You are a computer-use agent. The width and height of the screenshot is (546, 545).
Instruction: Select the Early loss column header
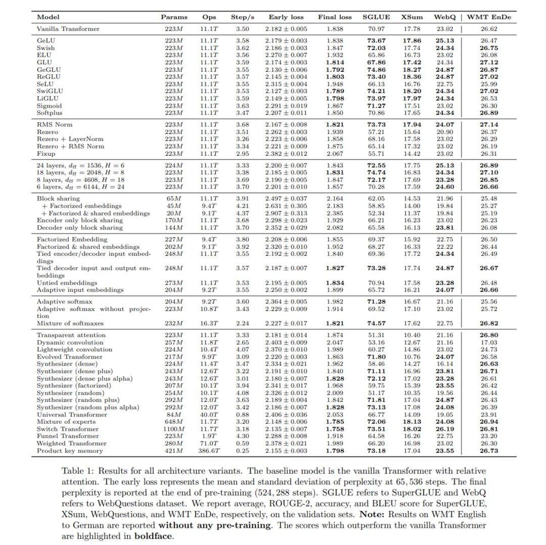tap(286, 17)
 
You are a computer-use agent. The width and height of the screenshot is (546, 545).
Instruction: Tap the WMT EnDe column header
tap(488, 17)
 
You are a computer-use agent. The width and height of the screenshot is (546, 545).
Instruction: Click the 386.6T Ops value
tap(209, 451)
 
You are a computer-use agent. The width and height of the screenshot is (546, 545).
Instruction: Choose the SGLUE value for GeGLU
tap(376, 70)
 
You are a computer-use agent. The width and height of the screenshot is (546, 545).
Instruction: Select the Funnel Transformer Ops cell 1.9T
tap(209, 436)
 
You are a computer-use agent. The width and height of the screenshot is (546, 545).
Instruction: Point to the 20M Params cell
tap(174, 213)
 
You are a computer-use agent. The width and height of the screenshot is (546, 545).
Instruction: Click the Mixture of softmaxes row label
tap(69, 323)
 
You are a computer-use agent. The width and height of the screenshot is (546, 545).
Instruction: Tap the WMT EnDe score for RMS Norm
tap(488, 124)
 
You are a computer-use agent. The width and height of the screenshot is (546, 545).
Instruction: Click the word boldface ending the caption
tap(154, 535)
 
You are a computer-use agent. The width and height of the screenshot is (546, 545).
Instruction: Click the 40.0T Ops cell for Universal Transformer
tap(209, 415)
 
